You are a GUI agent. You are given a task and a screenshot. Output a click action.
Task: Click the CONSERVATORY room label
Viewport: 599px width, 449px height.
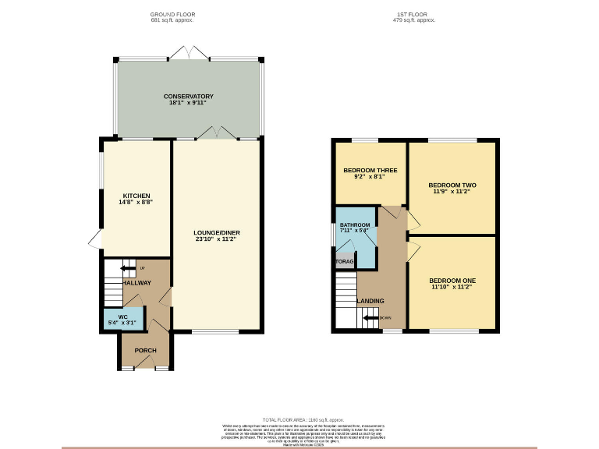tap(189, 96)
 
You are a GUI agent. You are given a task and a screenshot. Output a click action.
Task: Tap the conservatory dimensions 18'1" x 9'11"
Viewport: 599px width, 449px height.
tap(189, 103)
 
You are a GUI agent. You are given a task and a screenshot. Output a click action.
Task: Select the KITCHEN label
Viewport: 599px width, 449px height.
tap(136, 196)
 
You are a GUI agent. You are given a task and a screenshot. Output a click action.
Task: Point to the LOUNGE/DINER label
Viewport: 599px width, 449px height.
tap(215, 232)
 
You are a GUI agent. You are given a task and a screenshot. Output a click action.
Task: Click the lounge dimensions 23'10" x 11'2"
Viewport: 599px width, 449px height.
tap(215, 239)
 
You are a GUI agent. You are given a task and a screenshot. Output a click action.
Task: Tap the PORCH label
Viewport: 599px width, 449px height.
tap(146, 350)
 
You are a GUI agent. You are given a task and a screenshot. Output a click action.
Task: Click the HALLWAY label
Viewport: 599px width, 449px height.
tap(136, 283)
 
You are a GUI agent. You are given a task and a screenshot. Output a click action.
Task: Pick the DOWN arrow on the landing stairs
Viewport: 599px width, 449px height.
tap(371, 317)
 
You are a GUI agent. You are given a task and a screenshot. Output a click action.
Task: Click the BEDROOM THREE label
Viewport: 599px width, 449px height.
tap(370, 170)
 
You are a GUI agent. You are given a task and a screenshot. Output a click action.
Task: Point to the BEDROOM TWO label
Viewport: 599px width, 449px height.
tap(452, 186)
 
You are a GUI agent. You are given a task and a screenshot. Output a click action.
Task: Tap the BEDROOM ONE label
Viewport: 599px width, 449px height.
tap(452, 280)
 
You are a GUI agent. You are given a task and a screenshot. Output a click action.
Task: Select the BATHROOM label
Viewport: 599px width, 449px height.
tap(355, 225)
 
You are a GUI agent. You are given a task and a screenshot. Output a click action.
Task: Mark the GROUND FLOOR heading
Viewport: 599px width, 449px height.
tap(172, 14)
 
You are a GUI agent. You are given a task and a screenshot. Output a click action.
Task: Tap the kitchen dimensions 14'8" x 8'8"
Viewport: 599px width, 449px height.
tap(136, 203)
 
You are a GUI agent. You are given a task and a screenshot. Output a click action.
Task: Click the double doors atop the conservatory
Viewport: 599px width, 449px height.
tap(190, 53)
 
